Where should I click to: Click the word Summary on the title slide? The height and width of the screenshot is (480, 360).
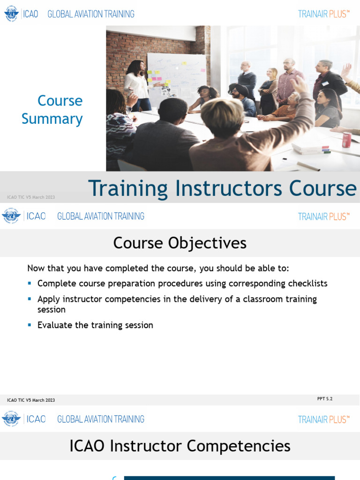[52, 119]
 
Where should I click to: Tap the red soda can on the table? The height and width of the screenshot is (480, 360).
[346, 140]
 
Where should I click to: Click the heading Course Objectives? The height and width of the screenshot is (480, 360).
[180, 243]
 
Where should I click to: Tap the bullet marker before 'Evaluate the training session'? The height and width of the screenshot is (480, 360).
[30, 325]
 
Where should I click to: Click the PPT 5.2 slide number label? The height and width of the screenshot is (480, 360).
[325, 399]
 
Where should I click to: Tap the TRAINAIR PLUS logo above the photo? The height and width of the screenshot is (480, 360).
[324, 14]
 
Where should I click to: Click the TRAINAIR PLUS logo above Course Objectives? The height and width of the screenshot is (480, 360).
[324, 217]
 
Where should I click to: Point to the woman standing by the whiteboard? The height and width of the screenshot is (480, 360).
[137, 84]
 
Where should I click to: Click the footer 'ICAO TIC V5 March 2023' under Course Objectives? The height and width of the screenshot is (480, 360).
[31, 400]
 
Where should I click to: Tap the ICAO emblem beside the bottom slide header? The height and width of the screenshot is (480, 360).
[11, 419]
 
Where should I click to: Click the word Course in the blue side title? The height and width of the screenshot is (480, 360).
[60, 101]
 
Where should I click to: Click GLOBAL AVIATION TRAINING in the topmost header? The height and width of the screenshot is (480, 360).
[91, 14]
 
